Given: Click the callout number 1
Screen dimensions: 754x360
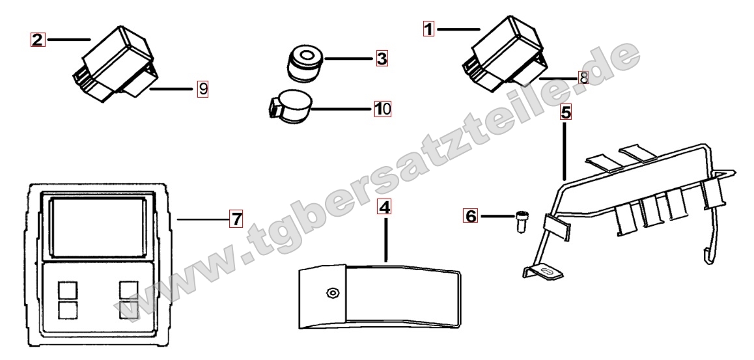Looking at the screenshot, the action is [x=428, y=29].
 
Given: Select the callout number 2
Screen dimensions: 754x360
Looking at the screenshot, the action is [x=38, y=40].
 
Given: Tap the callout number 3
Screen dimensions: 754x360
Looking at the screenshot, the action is [x=382, y=59].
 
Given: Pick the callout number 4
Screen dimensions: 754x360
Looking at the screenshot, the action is [x=385, y=207].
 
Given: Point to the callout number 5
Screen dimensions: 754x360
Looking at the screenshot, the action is [x=566, y=113].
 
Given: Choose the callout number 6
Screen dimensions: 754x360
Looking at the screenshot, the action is [x=471, y=216].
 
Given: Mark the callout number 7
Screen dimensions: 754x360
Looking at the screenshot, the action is [x=236, y=219].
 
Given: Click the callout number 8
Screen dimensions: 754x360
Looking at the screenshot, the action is [x=583, y=77].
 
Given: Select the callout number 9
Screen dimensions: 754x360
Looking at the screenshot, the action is [x=203, y=89].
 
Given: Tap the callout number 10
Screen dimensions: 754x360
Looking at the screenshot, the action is [x=383, y=109].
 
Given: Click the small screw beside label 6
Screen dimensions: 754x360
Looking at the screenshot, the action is [x=520, y=221].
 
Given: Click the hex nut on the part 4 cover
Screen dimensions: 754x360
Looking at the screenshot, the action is [x=331, y=292].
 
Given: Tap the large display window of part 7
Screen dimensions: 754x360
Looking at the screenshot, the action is [x=98, y=227].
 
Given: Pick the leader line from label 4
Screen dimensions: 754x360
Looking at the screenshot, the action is [x=385, y=238].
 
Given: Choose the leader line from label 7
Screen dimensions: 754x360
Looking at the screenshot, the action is [x=203, y=219].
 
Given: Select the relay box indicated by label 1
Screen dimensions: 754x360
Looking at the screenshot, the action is [x=507, y=53].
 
